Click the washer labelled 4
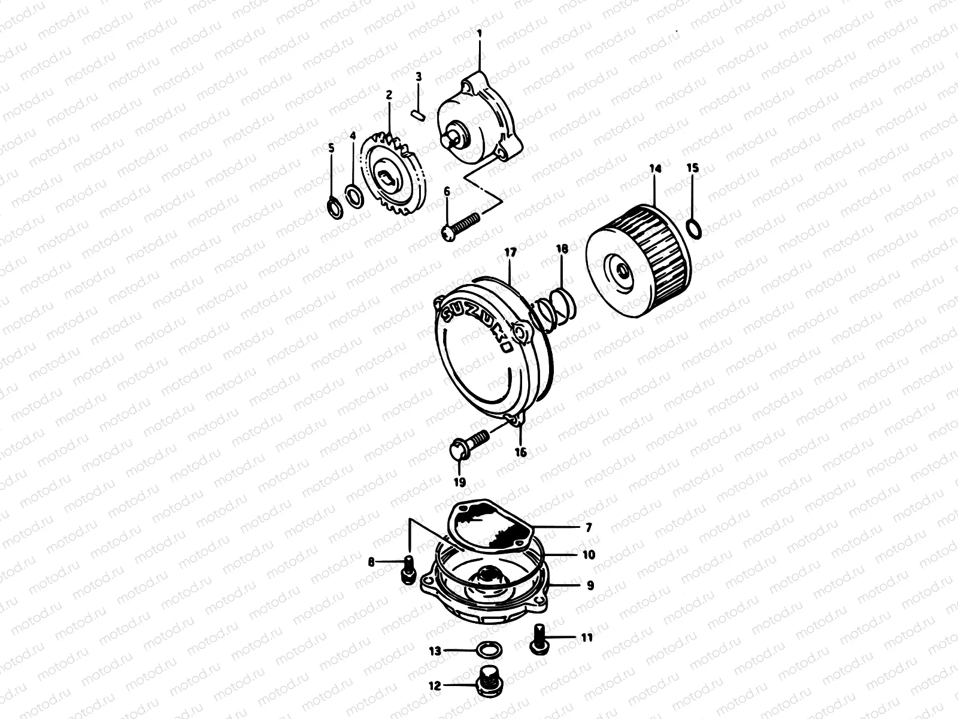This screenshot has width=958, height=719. [354, 195]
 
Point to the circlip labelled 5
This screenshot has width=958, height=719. [335, 209]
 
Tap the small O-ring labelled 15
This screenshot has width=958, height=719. [694, 228]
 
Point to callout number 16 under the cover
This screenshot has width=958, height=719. [521, 452]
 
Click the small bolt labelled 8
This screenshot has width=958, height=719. [408, 569]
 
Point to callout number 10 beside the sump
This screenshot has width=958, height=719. [589, 555]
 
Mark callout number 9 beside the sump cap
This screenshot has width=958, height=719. [590, 586]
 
